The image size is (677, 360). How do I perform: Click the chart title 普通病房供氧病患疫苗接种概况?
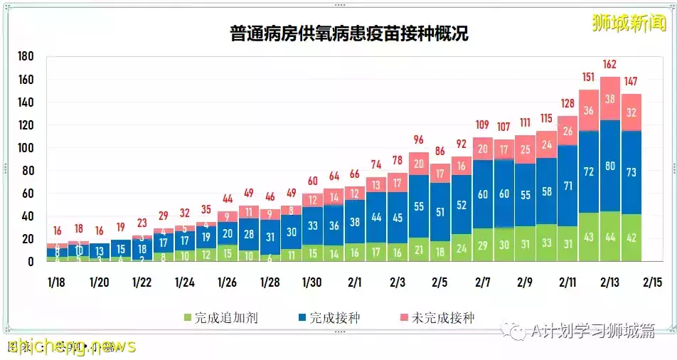point(348,33)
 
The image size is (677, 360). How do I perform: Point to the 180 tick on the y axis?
point(26,57)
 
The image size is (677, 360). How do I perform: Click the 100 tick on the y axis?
point(26,148)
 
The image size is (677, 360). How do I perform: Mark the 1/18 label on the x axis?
point(57,282)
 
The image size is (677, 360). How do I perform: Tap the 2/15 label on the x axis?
point(652,282)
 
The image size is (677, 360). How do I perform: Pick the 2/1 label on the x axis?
point(355,282)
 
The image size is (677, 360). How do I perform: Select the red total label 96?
point(419,139)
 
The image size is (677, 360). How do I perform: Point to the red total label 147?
point(631,80)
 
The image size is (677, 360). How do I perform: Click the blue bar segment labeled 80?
point(609,166)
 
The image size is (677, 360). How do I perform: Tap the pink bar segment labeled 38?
point(609,99)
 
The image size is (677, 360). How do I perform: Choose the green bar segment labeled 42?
point(631,238)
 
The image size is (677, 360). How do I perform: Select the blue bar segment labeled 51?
point(440,212)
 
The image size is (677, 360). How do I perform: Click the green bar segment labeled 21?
point(419,250)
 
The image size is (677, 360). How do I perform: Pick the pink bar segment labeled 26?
point(567,131)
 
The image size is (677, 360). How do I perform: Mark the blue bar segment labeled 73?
point(631,172)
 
